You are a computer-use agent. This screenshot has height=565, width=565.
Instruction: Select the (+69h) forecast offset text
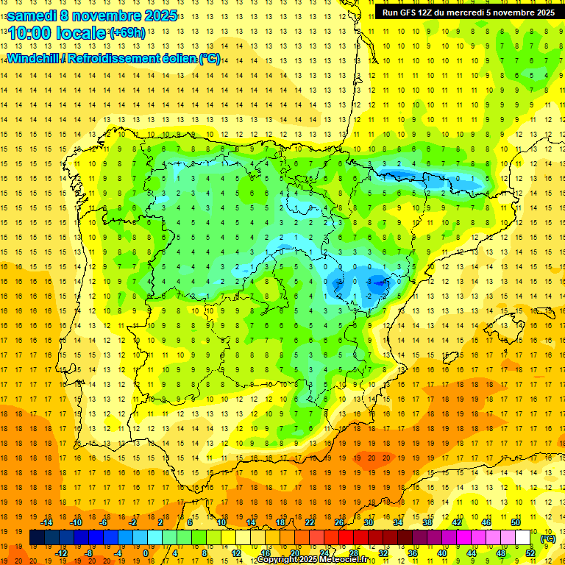click(x=127, y=33)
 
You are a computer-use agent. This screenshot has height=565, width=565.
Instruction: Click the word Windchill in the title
click(x=32, y=59)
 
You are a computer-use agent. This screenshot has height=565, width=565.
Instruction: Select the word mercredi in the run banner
click(x=468, y=13)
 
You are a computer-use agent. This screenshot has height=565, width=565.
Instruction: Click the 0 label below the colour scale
click(x=146, y=553)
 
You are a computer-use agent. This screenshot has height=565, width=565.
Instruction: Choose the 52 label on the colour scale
click(x=530, y=553)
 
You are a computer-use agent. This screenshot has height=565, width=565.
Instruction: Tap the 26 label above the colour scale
click(x=339, y=522)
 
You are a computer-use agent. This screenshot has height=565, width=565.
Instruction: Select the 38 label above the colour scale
click(x=427, y=522)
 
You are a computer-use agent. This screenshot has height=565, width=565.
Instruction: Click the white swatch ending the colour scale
click(x=523, y=538)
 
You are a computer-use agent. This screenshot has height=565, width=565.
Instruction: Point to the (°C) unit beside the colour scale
click(x=547, y=539)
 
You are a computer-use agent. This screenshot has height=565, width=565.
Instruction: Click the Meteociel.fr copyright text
click(x=313, y=560)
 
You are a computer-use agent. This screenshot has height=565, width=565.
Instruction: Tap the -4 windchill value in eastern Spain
click(x=383, y=282)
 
